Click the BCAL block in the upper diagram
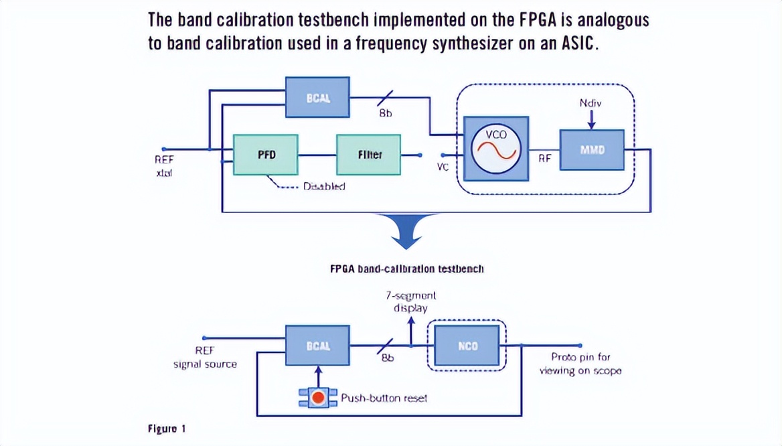(x=318, y=97)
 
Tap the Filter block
(x=368, y=155)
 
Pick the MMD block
(x=592, y=149)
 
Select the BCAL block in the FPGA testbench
(x=317, y=346)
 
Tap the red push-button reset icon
(x=318, y=398)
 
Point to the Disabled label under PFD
(x=324, y=186)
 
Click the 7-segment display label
(x=410, y=301)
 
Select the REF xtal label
(x=164, y=166)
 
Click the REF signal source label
(x=205, y=358)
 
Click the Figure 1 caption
(x=162, y=429)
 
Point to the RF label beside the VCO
(x=544, y=159)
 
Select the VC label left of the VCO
(x=442, y=166)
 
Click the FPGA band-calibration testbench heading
(x=406, y=269)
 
